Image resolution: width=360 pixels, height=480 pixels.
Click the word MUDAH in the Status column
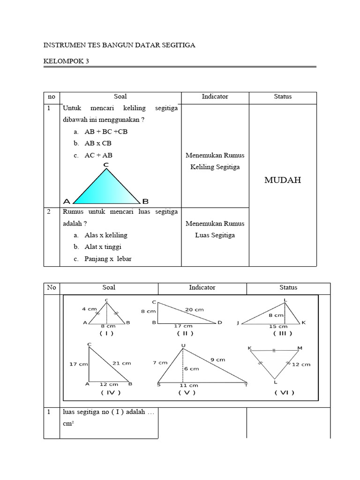click(282, 180)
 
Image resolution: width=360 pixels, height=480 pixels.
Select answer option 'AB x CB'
click(98, 143)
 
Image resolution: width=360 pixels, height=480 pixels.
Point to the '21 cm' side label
click(121, 363)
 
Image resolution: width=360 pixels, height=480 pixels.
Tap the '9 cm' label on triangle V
click(218, 360)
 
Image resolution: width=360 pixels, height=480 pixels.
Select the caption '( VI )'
click(285, 393)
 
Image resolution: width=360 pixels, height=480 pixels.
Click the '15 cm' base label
click(278, 326)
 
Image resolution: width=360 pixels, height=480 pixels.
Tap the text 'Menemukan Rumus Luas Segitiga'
click(215, 229)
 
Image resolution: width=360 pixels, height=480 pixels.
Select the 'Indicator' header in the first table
click(215, 97)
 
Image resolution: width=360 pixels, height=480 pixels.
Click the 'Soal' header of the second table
click(109, 287)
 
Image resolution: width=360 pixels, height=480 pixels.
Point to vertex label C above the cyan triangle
click(106, 165)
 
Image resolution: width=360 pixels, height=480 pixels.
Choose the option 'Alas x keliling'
click(106, 235)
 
